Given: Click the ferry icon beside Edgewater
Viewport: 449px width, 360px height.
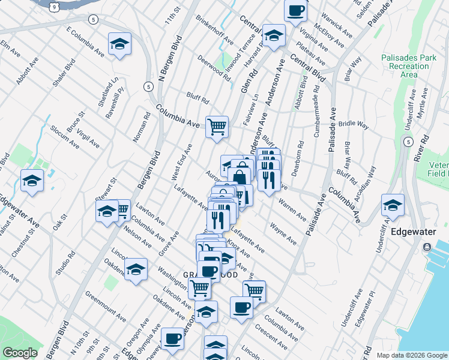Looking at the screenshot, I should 427,247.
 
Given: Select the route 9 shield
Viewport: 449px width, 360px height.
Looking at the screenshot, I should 54,7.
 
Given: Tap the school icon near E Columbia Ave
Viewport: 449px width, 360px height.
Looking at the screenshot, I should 120,43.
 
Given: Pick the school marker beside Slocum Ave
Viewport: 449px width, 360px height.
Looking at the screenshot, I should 32,180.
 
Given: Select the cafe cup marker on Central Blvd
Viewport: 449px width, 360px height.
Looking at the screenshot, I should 295,10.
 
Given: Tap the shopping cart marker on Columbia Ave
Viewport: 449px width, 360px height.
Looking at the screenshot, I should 217,127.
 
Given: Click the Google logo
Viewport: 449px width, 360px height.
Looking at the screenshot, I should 20,353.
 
